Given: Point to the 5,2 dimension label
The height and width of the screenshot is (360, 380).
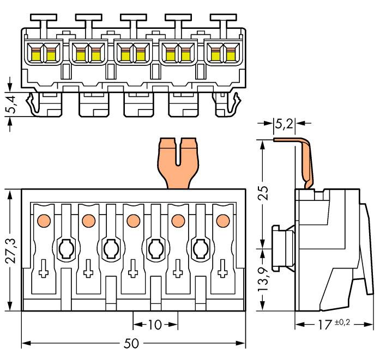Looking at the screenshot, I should (x=284, y=125).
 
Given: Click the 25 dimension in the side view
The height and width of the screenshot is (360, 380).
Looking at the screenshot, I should (x=263, y=193).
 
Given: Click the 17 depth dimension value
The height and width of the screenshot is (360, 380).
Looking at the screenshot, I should (x=325, y=325).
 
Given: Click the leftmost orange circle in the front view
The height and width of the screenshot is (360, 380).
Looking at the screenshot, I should (x=43, y=221).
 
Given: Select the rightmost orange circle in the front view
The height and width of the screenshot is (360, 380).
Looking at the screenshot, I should (x=221, y=221).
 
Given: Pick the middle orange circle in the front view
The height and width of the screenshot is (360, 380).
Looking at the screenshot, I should (x=132, y=221).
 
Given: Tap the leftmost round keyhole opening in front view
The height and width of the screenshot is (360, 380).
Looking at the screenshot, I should (x=65, y=249).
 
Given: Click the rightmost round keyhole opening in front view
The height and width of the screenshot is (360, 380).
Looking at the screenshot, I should (x=200, y=249).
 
